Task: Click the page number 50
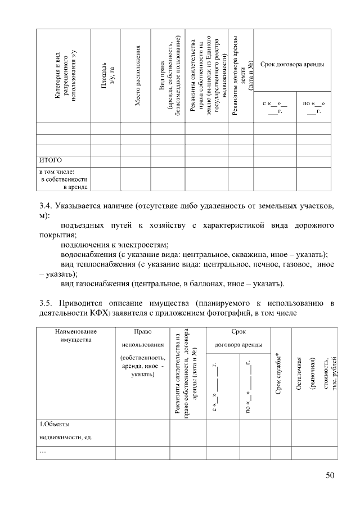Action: (x=330, y=476)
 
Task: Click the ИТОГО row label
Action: (x=50, y=160)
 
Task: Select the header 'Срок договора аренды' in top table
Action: (x=292, y=65)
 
